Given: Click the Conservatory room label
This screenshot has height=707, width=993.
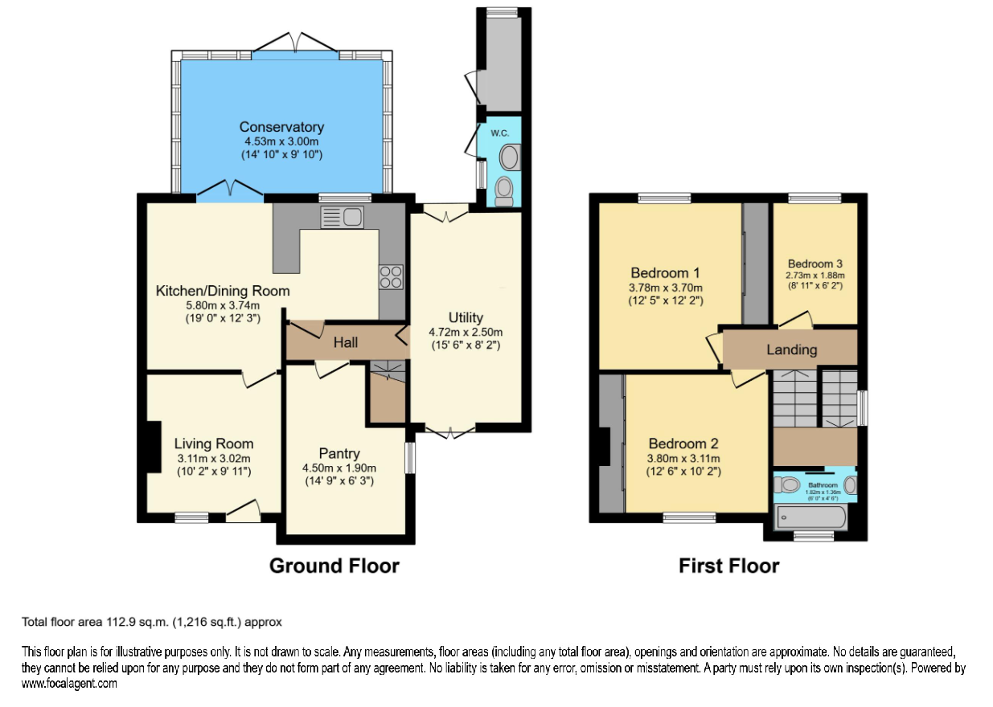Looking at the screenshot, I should tap(281, 127).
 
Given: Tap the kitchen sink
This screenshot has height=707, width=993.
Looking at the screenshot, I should tap(342, 217).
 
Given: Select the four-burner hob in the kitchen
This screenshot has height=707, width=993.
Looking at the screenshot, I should tap(392, 277).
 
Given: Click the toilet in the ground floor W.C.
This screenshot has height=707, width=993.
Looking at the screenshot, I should tap(504, 190).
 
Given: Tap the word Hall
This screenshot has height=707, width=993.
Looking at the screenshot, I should tap(346, 343).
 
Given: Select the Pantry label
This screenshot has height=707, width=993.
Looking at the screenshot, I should tap(339, 454).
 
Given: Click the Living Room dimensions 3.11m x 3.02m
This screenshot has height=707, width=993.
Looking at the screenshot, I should tap(214, 459).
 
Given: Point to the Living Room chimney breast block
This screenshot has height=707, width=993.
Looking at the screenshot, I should tap(152, 447).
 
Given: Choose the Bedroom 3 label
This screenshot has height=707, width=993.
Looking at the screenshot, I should tap(815, 264).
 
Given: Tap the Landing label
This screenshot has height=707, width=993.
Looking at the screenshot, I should tap(791, 349).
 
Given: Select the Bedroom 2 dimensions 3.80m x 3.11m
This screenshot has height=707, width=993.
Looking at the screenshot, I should tap(684, 459).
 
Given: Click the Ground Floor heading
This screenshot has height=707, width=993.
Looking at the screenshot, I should tap(334, 566).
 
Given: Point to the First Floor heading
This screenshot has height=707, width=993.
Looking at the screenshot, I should tap(728, 566).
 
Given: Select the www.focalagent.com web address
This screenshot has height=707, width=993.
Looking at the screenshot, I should tap(69, 684).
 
